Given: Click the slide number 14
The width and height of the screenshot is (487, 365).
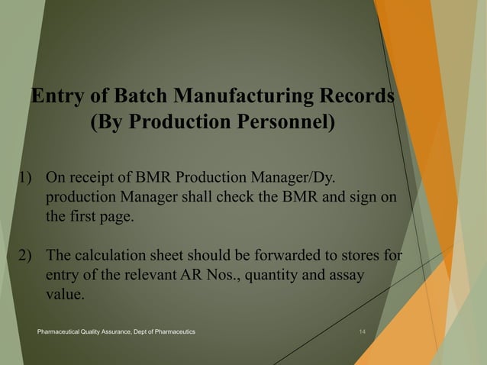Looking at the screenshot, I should coord(362,331).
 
